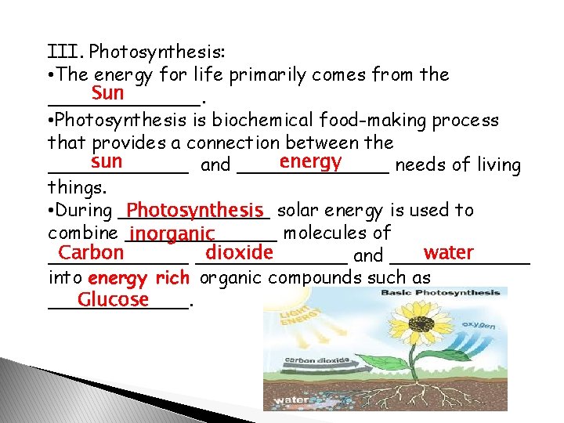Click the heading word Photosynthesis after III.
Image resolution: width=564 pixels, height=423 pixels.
[x=157, y=52]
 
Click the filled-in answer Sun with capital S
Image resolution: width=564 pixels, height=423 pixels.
[x=107, y=94]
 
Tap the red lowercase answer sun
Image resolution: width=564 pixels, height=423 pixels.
[x=106, y=162]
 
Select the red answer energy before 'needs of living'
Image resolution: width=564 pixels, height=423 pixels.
[x=309, y=162]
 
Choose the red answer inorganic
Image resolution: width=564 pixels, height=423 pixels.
[x=173, y=233]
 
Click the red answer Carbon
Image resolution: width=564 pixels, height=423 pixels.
[x=91, y=253]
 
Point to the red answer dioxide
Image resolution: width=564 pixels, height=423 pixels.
[x=238, y=253]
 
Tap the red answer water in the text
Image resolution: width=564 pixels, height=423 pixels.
[x=448, y=253]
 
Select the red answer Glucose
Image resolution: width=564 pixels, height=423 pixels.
[x=113, y=299]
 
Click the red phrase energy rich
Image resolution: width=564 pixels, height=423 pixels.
[x=139, y=277]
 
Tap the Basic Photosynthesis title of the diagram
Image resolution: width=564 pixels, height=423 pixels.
[x=440, y=293]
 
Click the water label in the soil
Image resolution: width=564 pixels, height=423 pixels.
[x=287, y=403]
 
